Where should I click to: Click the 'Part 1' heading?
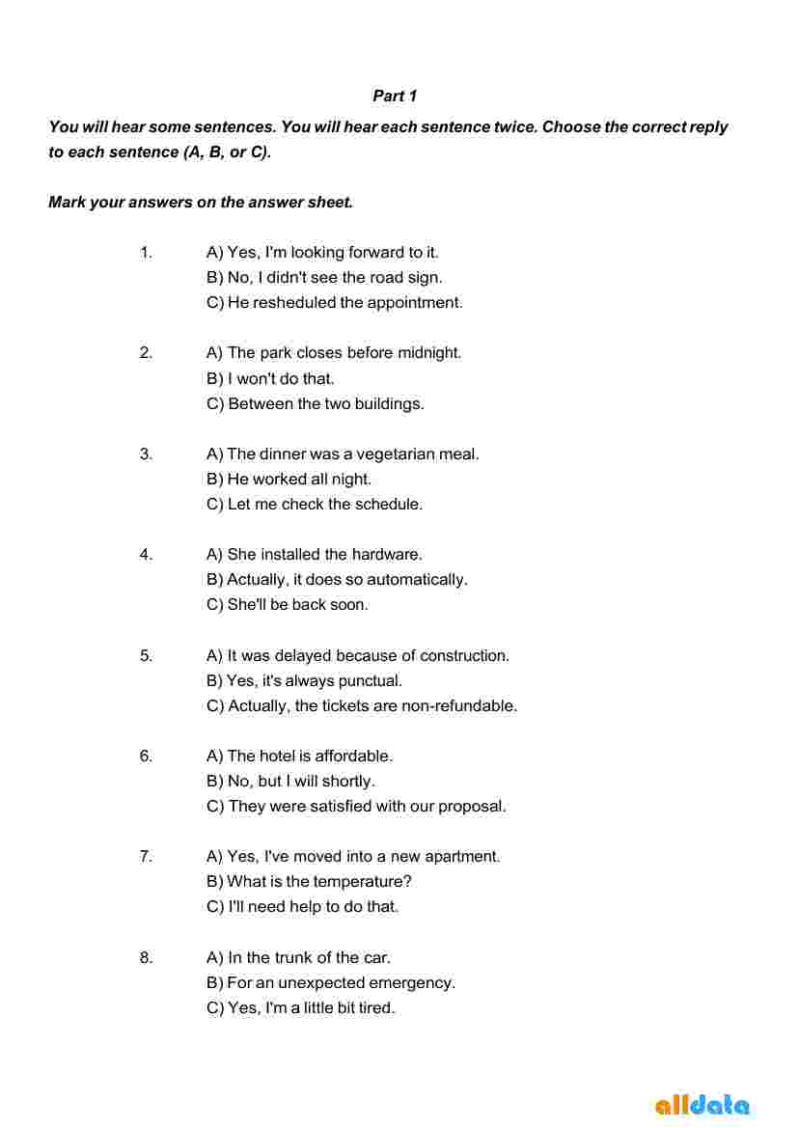395,96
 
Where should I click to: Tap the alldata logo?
702,1105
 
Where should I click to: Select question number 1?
146,253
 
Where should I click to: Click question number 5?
146,656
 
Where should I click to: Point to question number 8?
146,958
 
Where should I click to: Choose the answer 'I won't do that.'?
270,378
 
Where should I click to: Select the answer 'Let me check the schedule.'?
315,504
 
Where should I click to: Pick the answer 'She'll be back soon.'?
288,605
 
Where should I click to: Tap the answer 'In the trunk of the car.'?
298,958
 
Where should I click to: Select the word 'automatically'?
417,580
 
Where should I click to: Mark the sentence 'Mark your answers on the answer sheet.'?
201,202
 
